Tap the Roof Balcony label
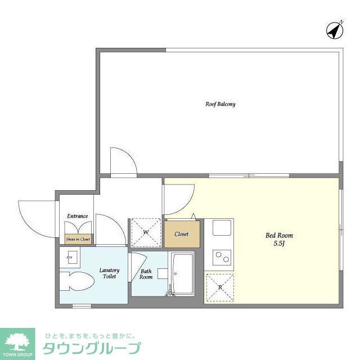tap(220, 104)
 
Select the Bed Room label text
tap(279, 235)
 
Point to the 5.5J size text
tap(279, 244)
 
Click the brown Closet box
tap(182, 233)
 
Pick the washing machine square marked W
tap(146, 232)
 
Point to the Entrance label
tap(77, 216)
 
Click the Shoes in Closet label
tap(78, 239)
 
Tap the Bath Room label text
tap(146, 274)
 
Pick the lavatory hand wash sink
tap(71, 258)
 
